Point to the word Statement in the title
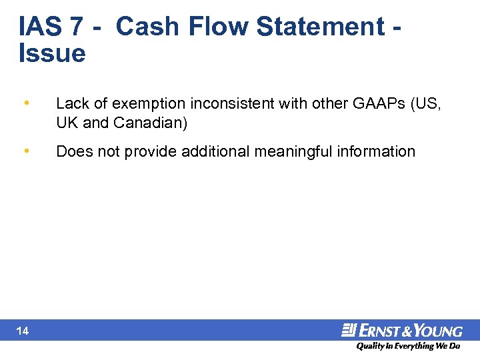[x=320, y=27]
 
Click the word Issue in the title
[x=52, y=53]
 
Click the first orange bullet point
[x=25, y=103]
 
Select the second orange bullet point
[x=25, y=151]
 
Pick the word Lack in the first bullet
[x=71, y=103]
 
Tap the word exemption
[x=135, y=103]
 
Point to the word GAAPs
[x=385, y=103]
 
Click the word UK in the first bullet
[x=67, y=124]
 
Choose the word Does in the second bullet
[x=72, y=151]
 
